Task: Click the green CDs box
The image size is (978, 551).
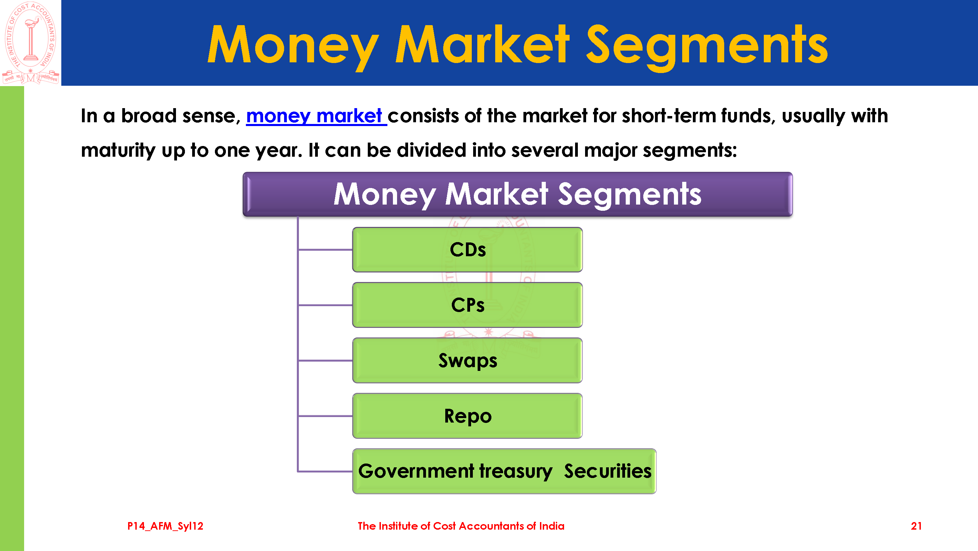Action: point(467,249)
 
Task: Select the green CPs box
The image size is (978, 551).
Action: point(467,305)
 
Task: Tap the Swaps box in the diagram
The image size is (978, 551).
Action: point(467,360)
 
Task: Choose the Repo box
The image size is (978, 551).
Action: point(467,416)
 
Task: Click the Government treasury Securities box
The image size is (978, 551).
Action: point(504,471)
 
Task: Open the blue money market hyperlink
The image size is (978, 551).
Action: point(316,116)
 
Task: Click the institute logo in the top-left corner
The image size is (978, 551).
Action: point(30,43)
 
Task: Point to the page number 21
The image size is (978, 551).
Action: point(916,526)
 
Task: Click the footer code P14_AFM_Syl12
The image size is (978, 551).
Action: point(165,526)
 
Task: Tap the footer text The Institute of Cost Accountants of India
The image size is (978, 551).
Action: point(461,526)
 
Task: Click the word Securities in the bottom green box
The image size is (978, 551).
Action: point(607,471)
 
